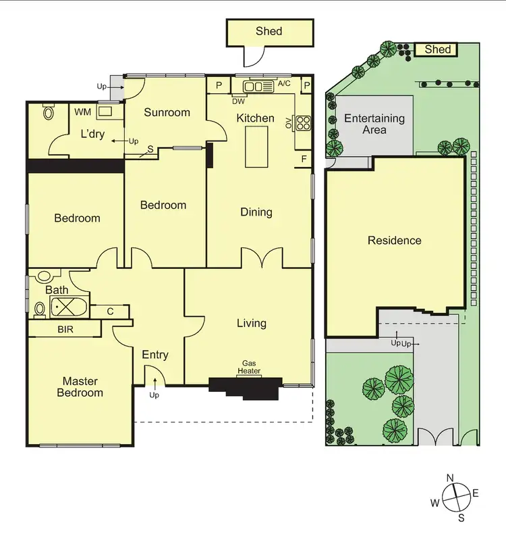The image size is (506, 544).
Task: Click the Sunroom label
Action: [x=167, y=112]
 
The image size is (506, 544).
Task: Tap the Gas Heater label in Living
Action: [x=250, y=367]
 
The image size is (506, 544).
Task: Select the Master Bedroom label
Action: [x=80, y=387]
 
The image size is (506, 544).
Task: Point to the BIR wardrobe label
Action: [x=65, y=329]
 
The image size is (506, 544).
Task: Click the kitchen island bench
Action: [x=257, y=146]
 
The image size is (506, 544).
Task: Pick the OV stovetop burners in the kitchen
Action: [x=303, y=123]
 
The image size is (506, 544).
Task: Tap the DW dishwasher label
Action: [x=238, y=101]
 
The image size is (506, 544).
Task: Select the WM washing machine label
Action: [x=82, y=112]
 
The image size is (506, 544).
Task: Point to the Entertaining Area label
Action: [x=374, y=124]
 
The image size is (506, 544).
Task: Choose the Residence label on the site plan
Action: [x=395, y=241]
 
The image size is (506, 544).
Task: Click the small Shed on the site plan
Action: [x=437, y=49]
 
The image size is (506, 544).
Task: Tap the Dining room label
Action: [x=256, y=212]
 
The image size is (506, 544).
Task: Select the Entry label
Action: [x=155, y=355]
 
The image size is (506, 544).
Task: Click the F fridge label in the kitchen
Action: [x=304, y=159]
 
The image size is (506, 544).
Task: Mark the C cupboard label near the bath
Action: [x=110, y=311]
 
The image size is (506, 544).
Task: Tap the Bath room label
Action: [x=57, y=290]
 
